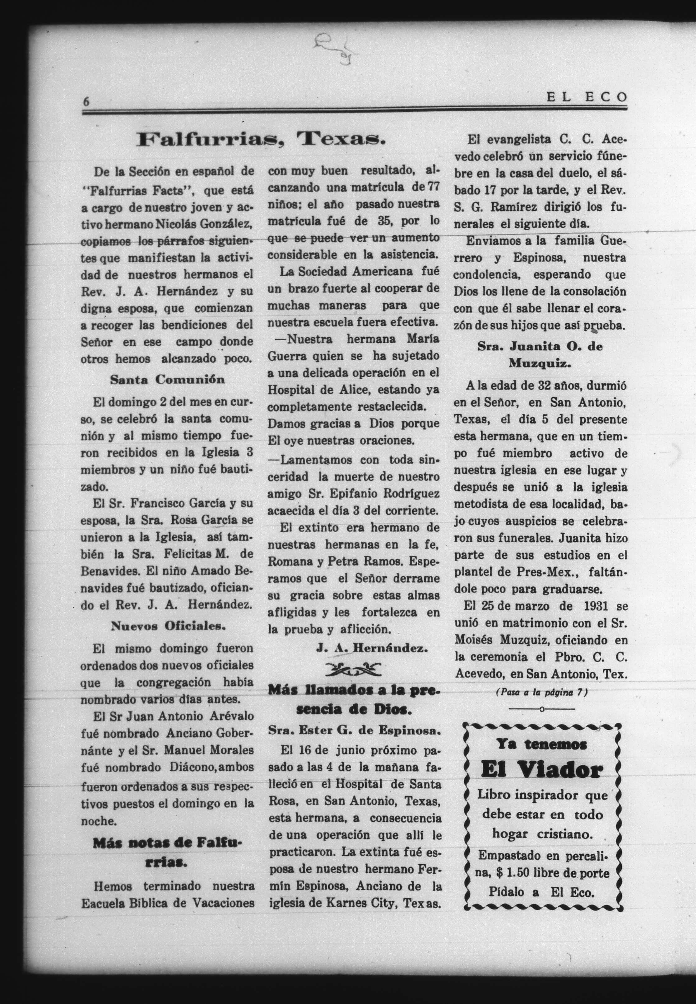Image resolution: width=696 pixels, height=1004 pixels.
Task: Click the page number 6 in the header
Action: point(86,101)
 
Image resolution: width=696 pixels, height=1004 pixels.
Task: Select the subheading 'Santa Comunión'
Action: point(167,380)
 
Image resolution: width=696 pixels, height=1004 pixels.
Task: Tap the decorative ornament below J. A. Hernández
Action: point(353,669)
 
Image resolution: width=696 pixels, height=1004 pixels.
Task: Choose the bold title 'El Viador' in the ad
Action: point(541,771)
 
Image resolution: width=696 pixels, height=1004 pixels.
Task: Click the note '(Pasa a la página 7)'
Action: point(542,692)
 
